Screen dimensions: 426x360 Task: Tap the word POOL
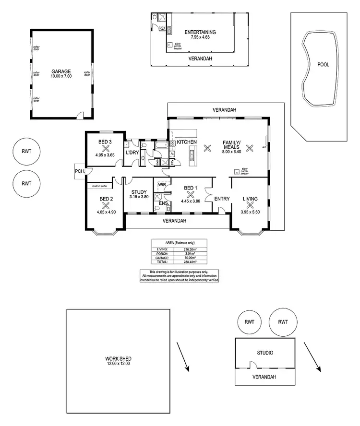pyautogui.click(x=323, y=65)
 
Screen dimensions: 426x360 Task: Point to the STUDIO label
pyautogui.click(x=265, y=353)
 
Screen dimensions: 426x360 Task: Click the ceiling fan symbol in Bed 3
pyautogui.click(x=105, y=149)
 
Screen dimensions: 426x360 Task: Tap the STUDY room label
pyautogui.click(x=138, y=191)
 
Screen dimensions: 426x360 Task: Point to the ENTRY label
pyautogui.click(x=222, y=199)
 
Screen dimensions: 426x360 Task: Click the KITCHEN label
pyautogui.click(x=187, y=142)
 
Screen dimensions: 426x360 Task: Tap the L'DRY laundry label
pyautogui.click(x=132, y=152)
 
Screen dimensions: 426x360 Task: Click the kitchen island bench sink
pyautogui.click(x=192, y=155)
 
